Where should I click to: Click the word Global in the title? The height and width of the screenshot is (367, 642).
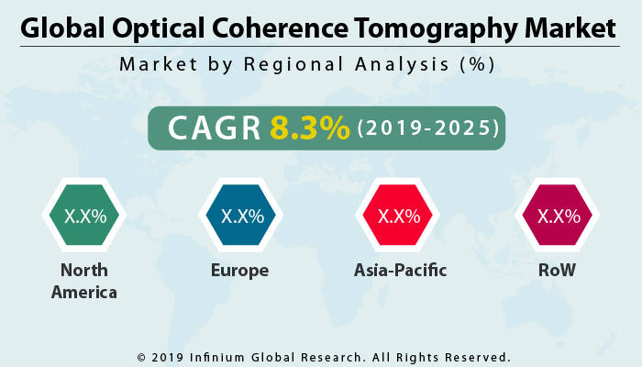tap(61, 28)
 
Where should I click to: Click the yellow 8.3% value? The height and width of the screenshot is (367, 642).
tap(309, 128)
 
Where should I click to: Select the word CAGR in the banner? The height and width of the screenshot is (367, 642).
tap(212, 128)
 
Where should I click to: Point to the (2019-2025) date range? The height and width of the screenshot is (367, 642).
tap(427, 128)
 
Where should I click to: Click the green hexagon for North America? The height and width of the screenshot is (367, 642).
tap(84, 217)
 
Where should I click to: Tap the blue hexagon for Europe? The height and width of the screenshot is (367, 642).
tap(242, 217)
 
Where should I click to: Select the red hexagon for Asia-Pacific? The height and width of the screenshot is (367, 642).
tap(398, 217)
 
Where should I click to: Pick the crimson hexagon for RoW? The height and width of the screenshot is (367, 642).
tap(558, 217)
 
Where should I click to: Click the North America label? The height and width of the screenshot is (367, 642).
tap(84, 281)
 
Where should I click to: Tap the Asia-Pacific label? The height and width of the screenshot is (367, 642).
tap(398, 271)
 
